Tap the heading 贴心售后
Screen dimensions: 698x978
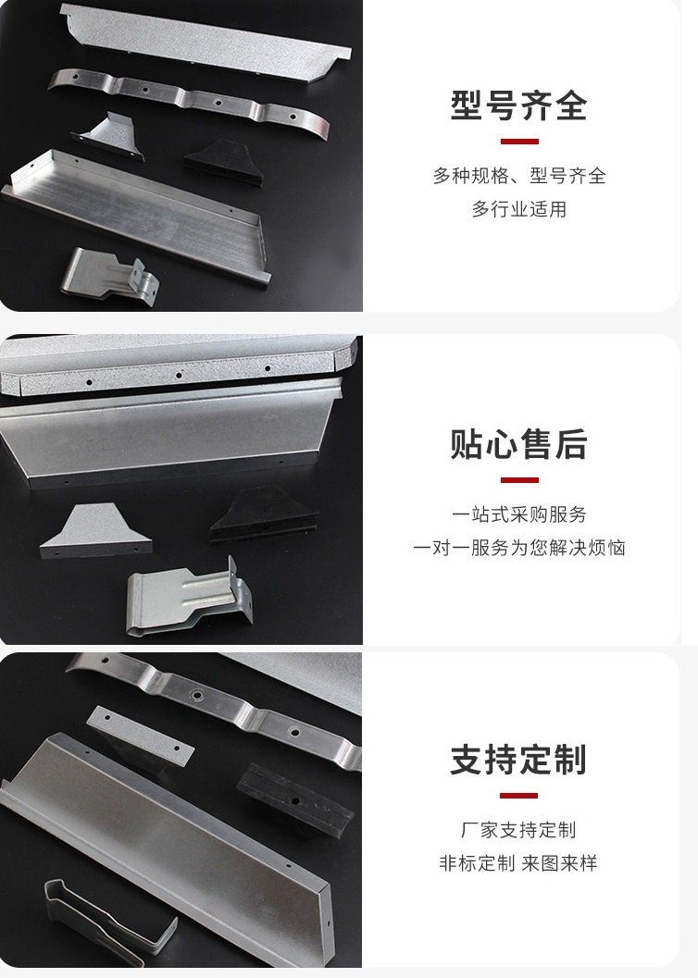(x=518, y=444)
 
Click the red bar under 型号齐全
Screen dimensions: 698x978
(x=519, y=142)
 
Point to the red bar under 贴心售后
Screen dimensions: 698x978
(x=519, y=480)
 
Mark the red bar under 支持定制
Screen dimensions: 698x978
(x=519, y=796)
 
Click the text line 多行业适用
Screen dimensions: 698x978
(x=519, y=209)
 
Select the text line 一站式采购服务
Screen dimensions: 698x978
(x=519, y=514)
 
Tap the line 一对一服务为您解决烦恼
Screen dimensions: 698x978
(x=519, y=548)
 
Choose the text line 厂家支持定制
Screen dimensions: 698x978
(x=519, y=830)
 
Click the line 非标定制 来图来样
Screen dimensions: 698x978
(x=518, y=863)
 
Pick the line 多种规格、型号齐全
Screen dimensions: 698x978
(x=519, y=175)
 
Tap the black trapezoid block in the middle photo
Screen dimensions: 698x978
(x=264, y=515)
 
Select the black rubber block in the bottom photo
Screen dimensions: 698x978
(x=295, y=799)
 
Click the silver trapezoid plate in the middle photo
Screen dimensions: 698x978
(x=96, y=534)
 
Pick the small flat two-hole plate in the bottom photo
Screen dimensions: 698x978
(x=141, y=735)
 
